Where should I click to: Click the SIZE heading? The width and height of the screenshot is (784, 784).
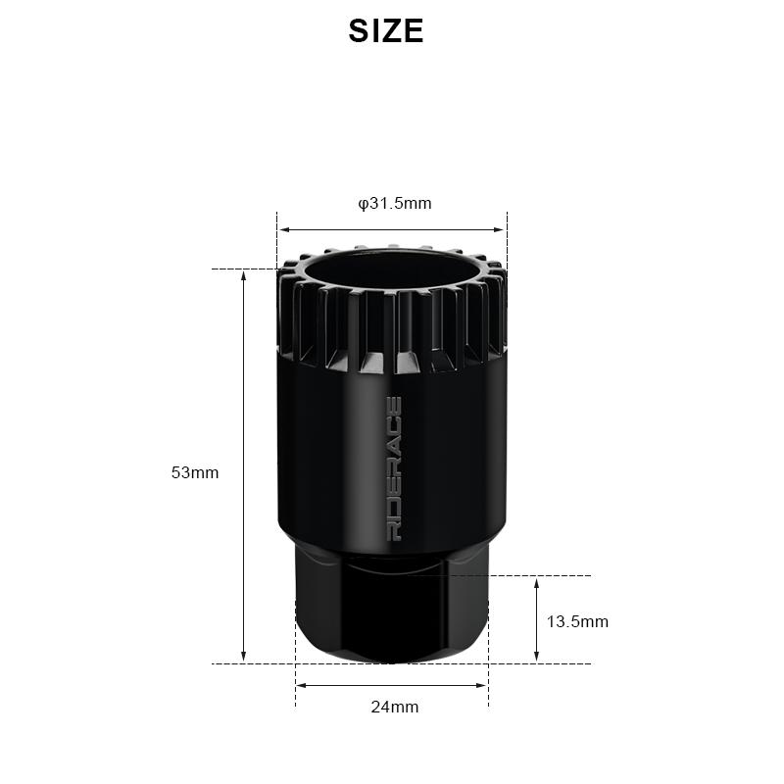coord(386,31)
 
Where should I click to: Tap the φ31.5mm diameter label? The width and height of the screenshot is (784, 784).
coord(395,204)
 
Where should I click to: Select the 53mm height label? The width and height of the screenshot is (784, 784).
coord(195,472)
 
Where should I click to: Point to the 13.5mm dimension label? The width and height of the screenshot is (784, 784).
coord(577,621)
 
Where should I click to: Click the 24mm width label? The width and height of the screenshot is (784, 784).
coord(395,707)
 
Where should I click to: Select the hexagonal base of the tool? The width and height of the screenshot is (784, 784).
coord(391,617)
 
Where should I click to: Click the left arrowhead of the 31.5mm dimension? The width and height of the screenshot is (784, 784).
coord(282,230)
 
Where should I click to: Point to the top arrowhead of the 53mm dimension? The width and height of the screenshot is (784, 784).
coord(244,275)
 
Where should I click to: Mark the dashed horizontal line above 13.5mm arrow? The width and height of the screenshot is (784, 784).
coord(549,575)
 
